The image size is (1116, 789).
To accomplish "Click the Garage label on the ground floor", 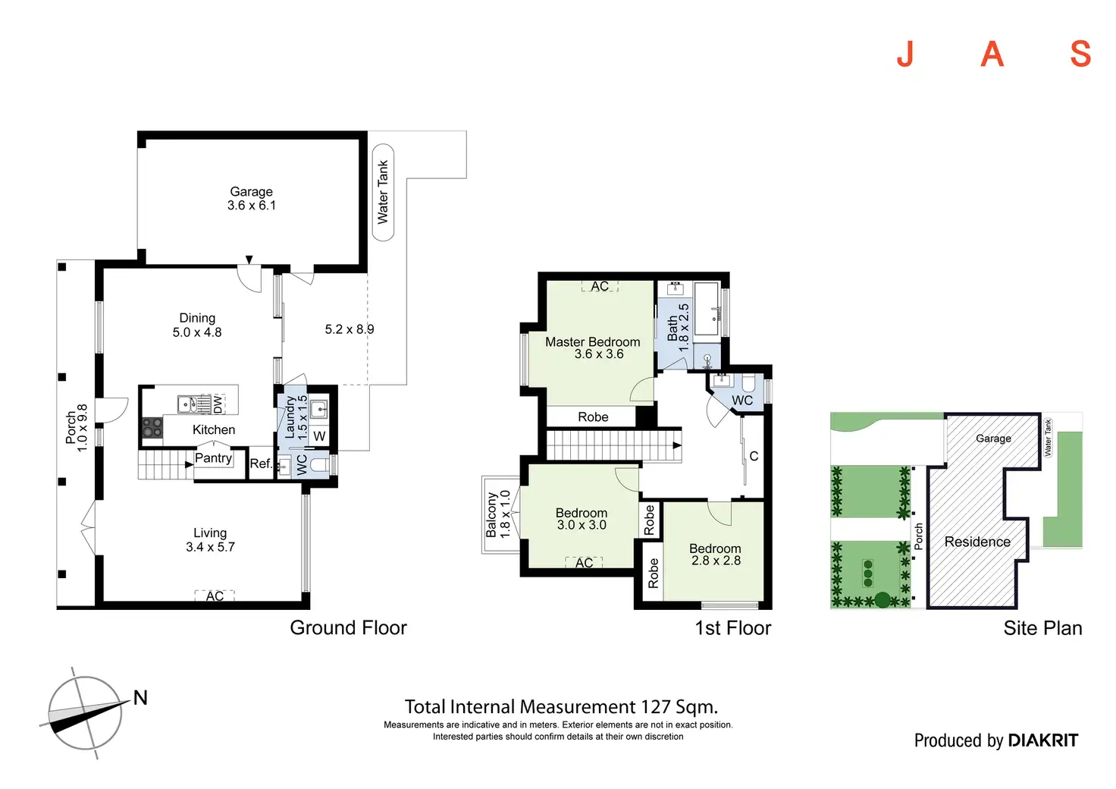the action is click(251, 192).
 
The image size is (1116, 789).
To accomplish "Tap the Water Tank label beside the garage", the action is click(383, 192).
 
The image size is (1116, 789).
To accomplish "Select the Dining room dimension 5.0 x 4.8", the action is click(197, 332).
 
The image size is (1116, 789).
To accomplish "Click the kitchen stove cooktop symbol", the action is click(152, 428).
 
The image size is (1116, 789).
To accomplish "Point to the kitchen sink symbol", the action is click(193, 404).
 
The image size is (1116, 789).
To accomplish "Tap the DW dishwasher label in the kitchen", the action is click(218, 404).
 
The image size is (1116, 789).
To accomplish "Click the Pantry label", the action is click(213, 458).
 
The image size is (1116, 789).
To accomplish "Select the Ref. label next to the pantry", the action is click(260, 464).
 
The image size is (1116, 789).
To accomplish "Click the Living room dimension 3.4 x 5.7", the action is click(210, 547).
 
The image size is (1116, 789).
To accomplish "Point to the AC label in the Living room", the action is click(215, 596).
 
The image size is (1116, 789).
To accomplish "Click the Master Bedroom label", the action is click(592, 342).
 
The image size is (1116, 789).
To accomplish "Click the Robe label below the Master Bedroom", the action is click(593, 417).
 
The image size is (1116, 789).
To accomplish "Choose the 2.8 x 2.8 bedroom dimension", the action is click(716, 561).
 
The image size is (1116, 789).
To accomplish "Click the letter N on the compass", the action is click(140, 698).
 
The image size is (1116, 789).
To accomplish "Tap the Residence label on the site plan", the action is click(977, 542).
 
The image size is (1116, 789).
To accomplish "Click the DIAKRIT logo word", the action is click(1043, 740).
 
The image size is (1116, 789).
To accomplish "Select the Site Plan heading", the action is click(1042, 628).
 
